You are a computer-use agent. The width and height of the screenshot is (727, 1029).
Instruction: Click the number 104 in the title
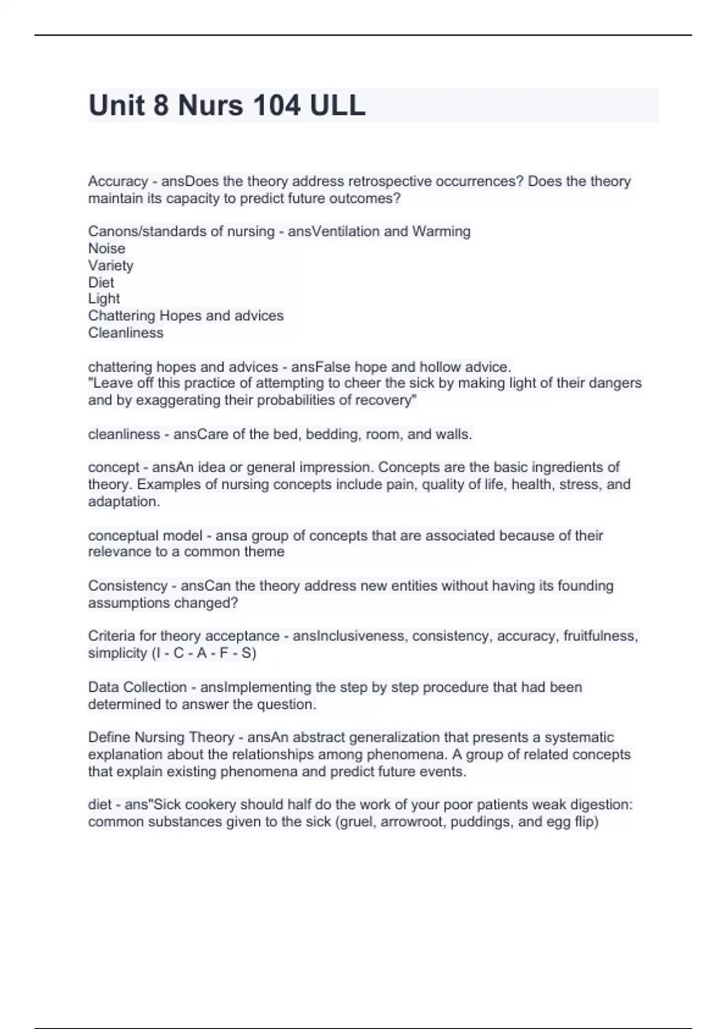(x=276, y=105)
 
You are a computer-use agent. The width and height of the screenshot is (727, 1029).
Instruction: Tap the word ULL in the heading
(x=337, y=105)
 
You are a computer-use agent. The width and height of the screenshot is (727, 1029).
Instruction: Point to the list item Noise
(x=107, y=248)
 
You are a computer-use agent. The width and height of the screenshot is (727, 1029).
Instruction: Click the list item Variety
(x=111, y=265)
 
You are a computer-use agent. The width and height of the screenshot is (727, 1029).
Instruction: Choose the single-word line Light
(x=104, y=298)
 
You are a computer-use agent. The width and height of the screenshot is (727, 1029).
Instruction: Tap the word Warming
(x=441, y=231)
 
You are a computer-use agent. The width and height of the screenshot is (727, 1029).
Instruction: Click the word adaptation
(x=124, y=501)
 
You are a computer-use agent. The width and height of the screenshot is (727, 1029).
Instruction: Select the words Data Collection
(x=138, y=687)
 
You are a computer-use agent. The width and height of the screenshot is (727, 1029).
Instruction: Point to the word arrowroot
(x=412, y=822)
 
